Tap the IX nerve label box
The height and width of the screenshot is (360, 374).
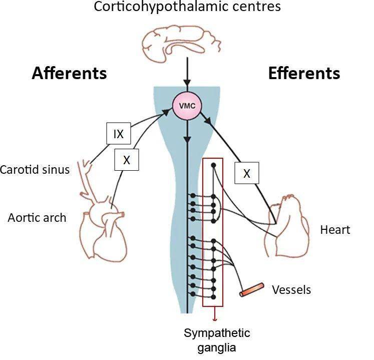point(118,134)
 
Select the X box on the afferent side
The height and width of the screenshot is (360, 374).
point(126,160)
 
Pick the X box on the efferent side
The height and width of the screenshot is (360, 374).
point(246,173)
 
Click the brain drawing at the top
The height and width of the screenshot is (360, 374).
point(186,42)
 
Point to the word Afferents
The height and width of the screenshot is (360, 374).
point(69,73)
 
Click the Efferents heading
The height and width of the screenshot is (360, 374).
point(304,73)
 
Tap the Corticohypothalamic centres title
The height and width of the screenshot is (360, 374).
point(187,8)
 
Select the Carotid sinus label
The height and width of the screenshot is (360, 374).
point(35,169)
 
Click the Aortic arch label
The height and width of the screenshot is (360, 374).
point(37,218)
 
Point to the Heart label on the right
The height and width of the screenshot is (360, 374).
point(335,230)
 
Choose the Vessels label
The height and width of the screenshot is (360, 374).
point(291,289)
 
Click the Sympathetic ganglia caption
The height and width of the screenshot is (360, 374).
point(216,340)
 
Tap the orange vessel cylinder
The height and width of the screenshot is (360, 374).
point(252,290)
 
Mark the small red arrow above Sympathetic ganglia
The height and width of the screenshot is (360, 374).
point(215,315)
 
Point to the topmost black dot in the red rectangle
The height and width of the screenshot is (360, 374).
point(213,165)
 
